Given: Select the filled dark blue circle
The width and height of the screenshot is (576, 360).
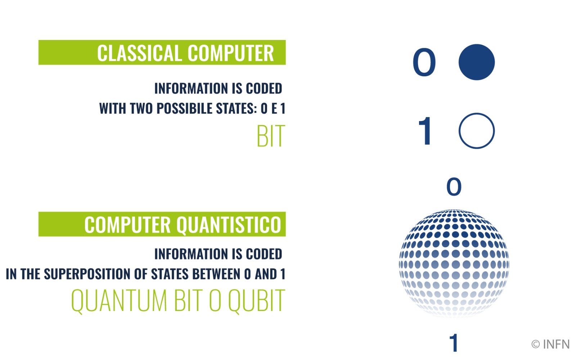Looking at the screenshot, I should pyautogui.click(x=476, y=62).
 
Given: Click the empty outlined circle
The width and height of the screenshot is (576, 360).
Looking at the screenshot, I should pyautogui.click(x=476, y=131).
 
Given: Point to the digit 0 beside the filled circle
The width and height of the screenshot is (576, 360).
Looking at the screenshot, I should pyautogui.click(x=424, y=63).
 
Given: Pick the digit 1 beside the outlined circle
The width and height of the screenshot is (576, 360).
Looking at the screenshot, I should pyautogui.click(x=425, y=131).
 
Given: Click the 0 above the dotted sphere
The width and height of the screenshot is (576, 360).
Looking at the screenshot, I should pyautogui.click(x=454, y=186).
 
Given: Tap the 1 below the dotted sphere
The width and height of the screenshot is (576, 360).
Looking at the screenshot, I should pyautogui.click(x=454, y=343).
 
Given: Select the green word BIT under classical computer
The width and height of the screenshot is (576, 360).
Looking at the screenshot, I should pyautogui.click(x=271, y=136).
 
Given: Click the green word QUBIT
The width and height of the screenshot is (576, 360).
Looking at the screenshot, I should pyautogui.click(x=257, y=301).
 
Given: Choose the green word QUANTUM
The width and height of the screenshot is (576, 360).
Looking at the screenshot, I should pyautogui.click(x=119, y=301).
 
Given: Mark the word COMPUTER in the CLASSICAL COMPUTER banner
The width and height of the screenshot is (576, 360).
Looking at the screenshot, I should pyautogui.click(x=230, y=53).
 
